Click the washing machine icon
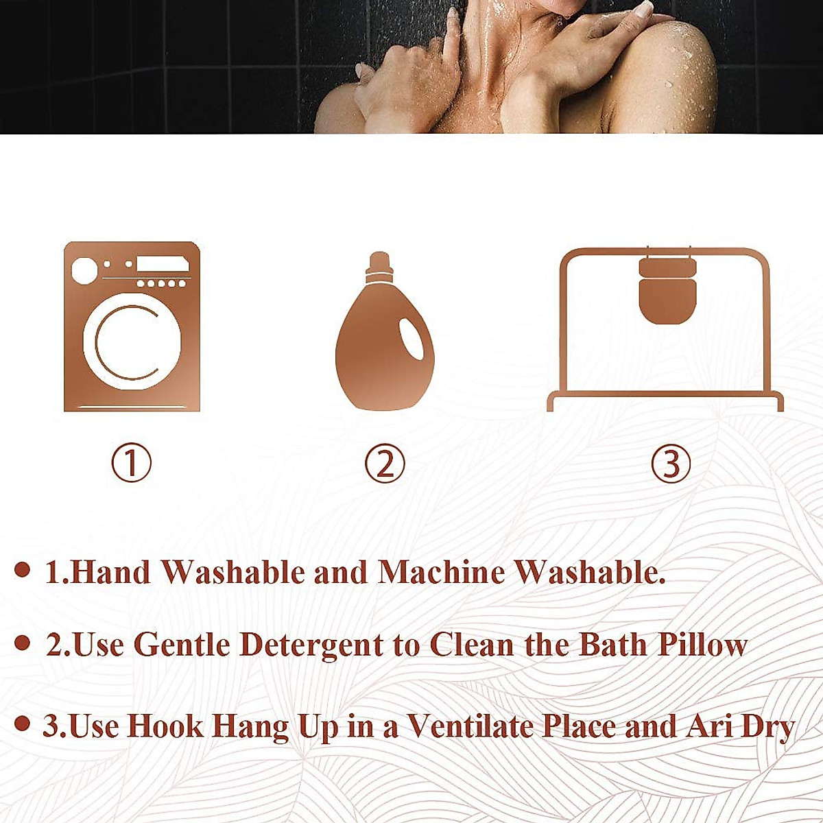[132, 326]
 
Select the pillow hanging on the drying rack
[667, 290]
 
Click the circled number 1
[131, 463]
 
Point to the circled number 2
[385, 463]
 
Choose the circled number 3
[670, 463]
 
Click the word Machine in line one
[441, 572]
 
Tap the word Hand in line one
[111, 572]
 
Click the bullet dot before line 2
[23, 643]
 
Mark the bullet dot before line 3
[23, 724]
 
